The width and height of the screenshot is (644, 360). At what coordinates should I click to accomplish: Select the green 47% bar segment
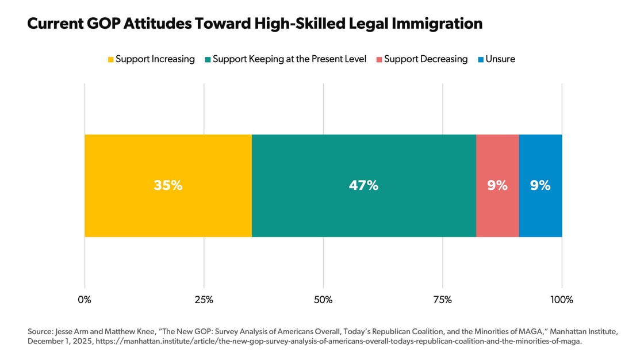[x=363, y=213]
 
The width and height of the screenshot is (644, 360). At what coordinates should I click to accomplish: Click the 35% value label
[x=168, y=186]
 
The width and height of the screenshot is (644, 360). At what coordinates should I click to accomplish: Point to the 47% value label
[x=363, y=186]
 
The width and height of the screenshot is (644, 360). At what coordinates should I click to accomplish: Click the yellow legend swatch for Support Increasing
[x=110, y=59]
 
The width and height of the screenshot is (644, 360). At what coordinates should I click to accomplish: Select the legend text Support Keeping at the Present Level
[x=289, y=59]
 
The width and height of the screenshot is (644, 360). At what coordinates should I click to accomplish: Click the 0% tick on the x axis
[x=85, y=300]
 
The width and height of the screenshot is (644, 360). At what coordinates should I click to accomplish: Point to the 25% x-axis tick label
[x=204, y=300]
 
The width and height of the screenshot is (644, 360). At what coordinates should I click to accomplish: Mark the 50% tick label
[x=323, y=300]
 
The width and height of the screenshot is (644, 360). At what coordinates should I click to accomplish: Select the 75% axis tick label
[x=442, y=300]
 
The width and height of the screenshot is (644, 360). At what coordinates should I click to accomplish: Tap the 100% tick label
[x=562, y=300]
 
